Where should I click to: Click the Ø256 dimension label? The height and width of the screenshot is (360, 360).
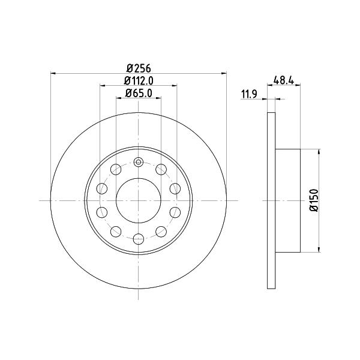click(x=139, y=68)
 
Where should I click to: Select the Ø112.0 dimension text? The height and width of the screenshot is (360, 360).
click(x=139, y=80)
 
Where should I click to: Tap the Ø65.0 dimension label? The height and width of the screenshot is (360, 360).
click(x=139, y=93)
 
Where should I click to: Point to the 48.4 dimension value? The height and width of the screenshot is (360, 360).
click(x=284, y=80)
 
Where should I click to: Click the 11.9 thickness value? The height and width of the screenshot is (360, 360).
click(x=249, y=94)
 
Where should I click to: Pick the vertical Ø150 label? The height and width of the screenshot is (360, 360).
click(x=314, y=200)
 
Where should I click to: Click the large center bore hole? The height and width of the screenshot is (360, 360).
click(x=139, y=200)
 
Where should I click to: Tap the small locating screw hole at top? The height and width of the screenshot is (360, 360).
click(x=139, y=163)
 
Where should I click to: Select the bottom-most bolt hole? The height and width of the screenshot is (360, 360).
click(x=139, y=239)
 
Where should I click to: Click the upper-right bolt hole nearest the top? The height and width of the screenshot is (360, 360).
click(x=161, y=169)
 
